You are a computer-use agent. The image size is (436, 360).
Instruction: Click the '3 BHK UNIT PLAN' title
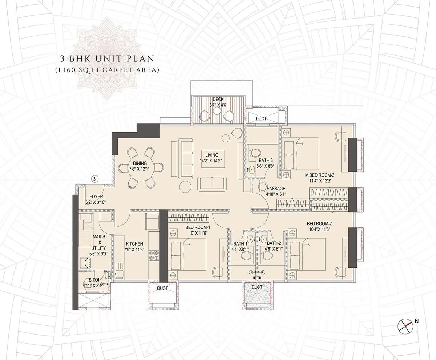pos(106,58)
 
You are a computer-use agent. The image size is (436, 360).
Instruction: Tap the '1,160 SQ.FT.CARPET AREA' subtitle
pos(106,70)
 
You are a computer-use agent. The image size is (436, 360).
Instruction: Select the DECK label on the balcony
pos(218,99)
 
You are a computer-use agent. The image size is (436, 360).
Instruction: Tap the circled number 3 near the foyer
pos(94,179)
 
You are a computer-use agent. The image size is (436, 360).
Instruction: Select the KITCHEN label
pos(134,244)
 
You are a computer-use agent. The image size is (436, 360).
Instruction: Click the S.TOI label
pos(95,280)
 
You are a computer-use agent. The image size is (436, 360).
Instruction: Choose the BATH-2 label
pos(274,244)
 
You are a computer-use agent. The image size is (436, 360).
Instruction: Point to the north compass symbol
pos(404,325)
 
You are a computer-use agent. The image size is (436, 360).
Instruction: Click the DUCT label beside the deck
pos(261,119)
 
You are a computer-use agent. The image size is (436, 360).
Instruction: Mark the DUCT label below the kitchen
pos(163,288)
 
